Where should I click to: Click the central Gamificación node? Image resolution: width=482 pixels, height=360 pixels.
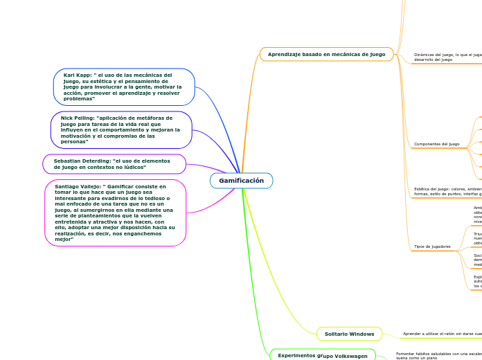coord(241,181)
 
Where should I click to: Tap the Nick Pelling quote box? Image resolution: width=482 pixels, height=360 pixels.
coord(120,129)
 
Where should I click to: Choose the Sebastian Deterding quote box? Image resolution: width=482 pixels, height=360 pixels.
coord(114,164)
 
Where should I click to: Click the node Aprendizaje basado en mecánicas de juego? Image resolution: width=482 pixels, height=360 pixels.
coord(326,54)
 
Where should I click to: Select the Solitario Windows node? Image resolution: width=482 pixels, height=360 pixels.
coord(349,334)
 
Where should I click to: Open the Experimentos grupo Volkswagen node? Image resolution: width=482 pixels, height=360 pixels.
coord(322,355)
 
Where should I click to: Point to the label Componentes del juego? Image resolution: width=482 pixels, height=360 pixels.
coord(436,144)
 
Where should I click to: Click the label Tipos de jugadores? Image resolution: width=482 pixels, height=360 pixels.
coord(432,246)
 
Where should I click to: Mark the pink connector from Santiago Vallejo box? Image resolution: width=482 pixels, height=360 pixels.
coord(208,201)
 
